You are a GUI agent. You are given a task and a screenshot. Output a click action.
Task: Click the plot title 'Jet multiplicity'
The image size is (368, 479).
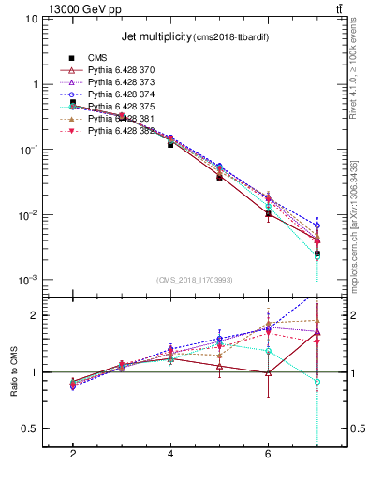point(154,36)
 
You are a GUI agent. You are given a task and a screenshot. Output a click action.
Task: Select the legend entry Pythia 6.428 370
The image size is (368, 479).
point(122,70)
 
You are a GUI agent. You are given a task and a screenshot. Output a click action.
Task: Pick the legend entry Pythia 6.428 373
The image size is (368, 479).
point(122,82)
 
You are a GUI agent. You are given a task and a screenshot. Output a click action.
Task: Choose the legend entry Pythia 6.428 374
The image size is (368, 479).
point(122,94)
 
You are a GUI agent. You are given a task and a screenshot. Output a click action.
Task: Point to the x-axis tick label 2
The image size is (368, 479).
point(72,454)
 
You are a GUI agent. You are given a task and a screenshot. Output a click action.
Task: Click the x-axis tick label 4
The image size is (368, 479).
point(169,454)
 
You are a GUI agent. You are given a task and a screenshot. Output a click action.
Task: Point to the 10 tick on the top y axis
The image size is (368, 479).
point(28,19)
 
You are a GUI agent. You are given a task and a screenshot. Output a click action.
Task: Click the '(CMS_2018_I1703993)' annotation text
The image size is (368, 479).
point(195,280)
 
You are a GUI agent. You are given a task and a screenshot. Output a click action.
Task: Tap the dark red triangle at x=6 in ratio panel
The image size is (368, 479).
point(268,372)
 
